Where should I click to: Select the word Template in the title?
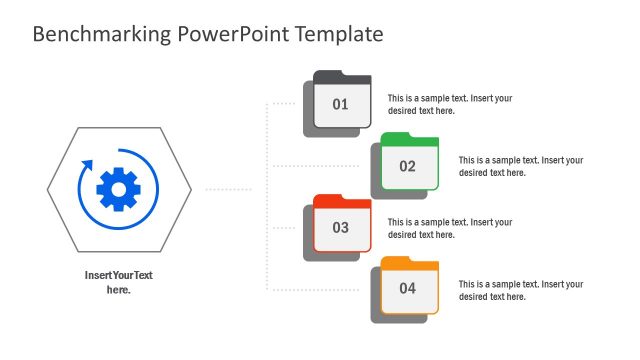click(336, 34)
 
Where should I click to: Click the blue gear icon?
click(119, 188)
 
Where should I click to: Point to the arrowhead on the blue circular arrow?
click(85, 164)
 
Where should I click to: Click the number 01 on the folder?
click(341, 104)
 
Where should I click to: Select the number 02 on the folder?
click(408, 166)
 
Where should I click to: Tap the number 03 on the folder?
click(341, 228)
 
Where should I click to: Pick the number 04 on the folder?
click(408, 289)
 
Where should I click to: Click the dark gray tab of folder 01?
click(330, 76)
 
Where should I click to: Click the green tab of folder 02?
click(398, 138)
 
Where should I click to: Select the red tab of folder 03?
click(330, 201)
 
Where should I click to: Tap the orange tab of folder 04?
click(398, 262)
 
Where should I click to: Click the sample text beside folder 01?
click(450, 104)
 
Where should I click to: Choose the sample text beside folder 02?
click(520, 166)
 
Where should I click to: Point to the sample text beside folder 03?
click(450, 228)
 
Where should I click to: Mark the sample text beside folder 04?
click(520, 290)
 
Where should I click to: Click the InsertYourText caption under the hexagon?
click(119, 282)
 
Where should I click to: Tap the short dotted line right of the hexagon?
click(228, 188)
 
